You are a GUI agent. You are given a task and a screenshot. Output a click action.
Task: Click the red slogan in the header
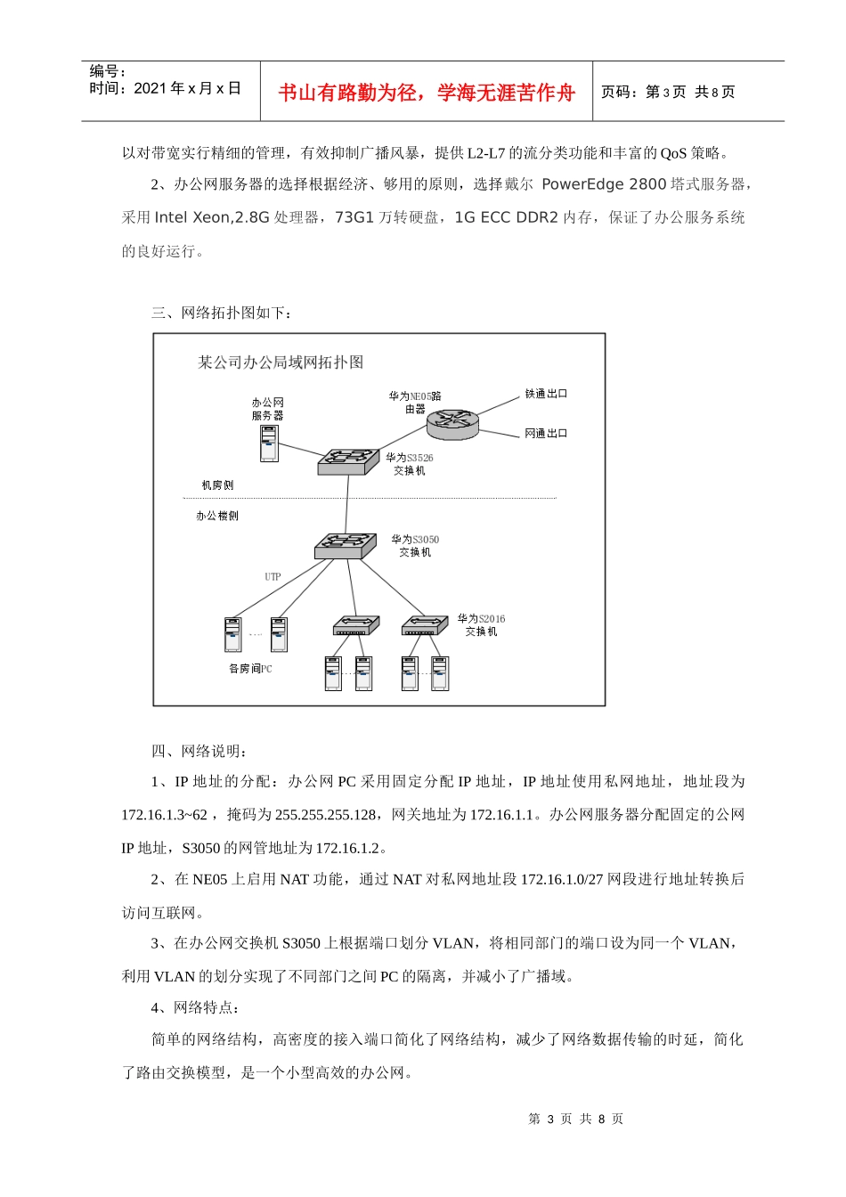[x=427, y=93]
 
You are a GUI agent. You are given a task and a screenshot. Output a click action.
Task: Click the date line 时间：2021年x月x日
[x=165, y=88]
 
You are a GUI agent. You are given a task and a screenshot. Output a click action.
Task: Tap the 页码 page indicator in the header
[x=668, y=92]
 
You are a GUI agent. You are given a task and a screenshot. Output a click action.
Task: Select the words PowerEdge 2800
[x=604, y=184]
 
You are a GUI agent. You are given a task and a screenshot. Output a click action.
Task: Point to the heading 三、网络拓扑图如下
[x=221, y=313]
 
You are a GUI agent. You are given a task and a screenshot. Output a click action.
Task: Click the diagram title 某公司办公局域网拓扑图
[x=281, y=362]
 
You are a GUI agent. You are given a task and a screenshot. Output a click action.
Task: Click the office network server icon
[x=269, y=443]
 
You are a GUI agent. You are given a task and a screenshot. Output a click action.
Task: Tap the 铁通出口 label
[x=546, y=394]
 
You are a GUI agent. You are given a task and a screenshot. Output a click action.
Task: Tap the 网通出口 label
[x=546, y=434]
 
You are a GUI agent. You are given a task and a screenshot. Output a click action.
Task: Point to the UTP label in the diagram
[x=273, y=577]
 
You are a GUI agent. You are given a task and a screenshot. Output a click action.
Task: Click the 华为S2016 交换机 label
[x=481, y=624]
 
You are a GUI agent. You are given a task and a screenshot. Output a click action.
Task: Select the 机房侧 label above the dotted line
[x=217, y=485]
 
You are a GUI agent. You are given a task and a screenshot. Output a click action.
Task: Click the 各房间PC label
[x=250, y=669]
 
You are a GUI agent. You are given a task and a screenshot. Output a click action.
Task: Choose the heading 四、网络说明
[x=199, y=751]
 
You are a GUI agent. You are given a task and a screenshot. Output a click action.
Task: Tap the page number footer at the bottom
[x=575, y=1119]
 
